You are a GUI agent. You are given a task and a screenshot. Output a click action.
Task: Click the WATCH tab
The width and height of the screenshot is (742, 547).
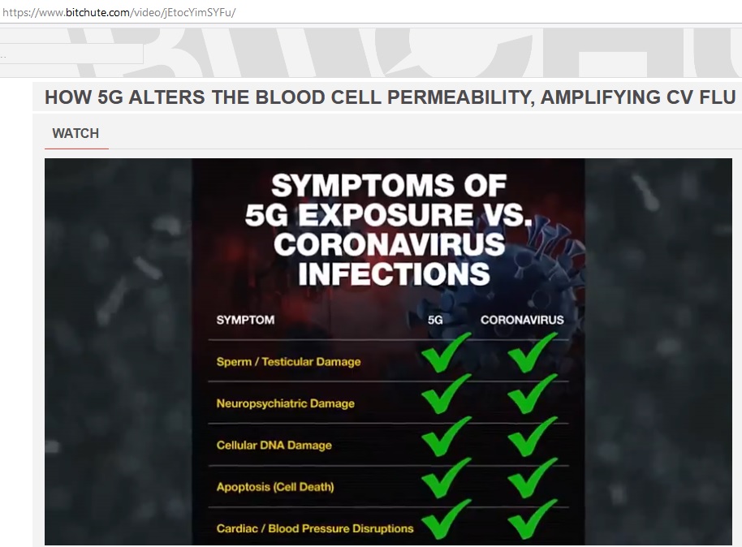click(75, 134)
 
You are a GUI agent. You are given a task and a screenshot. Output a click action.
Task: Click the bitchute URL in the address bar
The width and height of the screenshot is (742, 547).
click(119, 13)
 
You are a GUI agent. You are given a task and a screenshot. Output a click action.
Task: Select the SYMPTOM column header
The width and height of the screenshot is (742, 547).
click(245, 320)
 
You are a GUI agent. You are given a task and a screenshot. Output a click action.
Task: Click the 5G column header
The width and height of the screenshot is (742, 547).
click(435, 320)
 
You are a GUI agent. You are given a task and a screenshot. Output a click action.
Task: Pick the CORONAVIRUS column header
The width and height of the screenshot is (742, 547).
click(521, 320)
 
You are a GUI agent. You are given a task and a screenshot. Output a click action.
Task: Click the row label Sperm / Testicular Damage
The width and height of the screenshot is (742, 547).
click(288, 361)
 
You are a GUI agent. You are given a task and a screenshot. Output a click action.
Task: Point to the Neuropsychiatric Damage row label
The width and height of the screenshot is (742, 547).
click(285, 403)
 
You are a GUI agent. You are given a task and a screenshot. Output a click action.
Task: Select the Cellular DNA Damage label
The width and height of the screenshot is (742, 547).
click(274, 445)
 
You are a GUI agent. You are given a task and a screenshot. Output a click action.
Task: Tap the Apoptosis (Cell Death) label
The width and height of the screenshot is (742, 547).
click(275, 487)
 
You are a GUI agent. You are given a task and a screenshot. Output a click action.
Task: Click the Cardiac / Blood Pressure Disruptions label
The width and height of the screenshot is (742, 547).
click(315, 528)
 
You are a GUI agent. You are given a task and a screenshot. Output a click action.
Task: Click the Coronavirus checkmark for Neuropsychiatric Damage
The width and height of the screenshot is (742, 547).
click(532, 394)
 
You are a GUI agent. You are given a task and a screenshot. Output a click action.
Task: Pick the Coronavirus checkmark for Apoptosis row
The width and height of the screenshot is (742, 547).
click(532, 478)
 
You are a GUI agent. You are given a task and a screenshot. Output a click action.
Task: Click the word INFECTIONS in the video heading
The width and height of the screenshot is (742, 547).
click(394, 273)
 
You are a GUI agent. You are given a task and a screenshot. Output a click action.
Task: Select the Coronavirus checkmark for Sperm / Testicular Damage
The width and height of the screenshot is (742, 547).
click(532, 353)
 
